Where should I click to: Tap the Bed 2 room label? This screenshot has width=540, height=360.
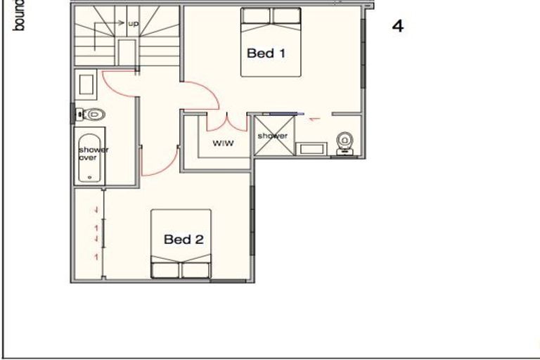184,240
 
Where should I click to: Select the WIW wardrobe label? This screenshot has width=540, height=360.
222,143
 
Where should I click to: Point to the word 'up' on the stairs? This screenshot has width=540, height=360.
134,23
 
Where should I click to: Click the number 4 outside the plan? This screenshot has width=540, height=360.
398,27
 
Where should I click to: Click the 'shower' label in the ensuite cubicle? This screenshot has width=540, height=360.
271,136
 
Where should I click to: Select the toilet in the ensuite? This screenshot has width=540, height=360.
345,141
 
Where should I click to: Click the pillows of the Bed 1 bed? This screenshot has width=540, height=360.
273,16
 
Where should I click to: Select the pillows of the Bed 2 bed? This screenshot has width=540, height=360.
181,269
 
